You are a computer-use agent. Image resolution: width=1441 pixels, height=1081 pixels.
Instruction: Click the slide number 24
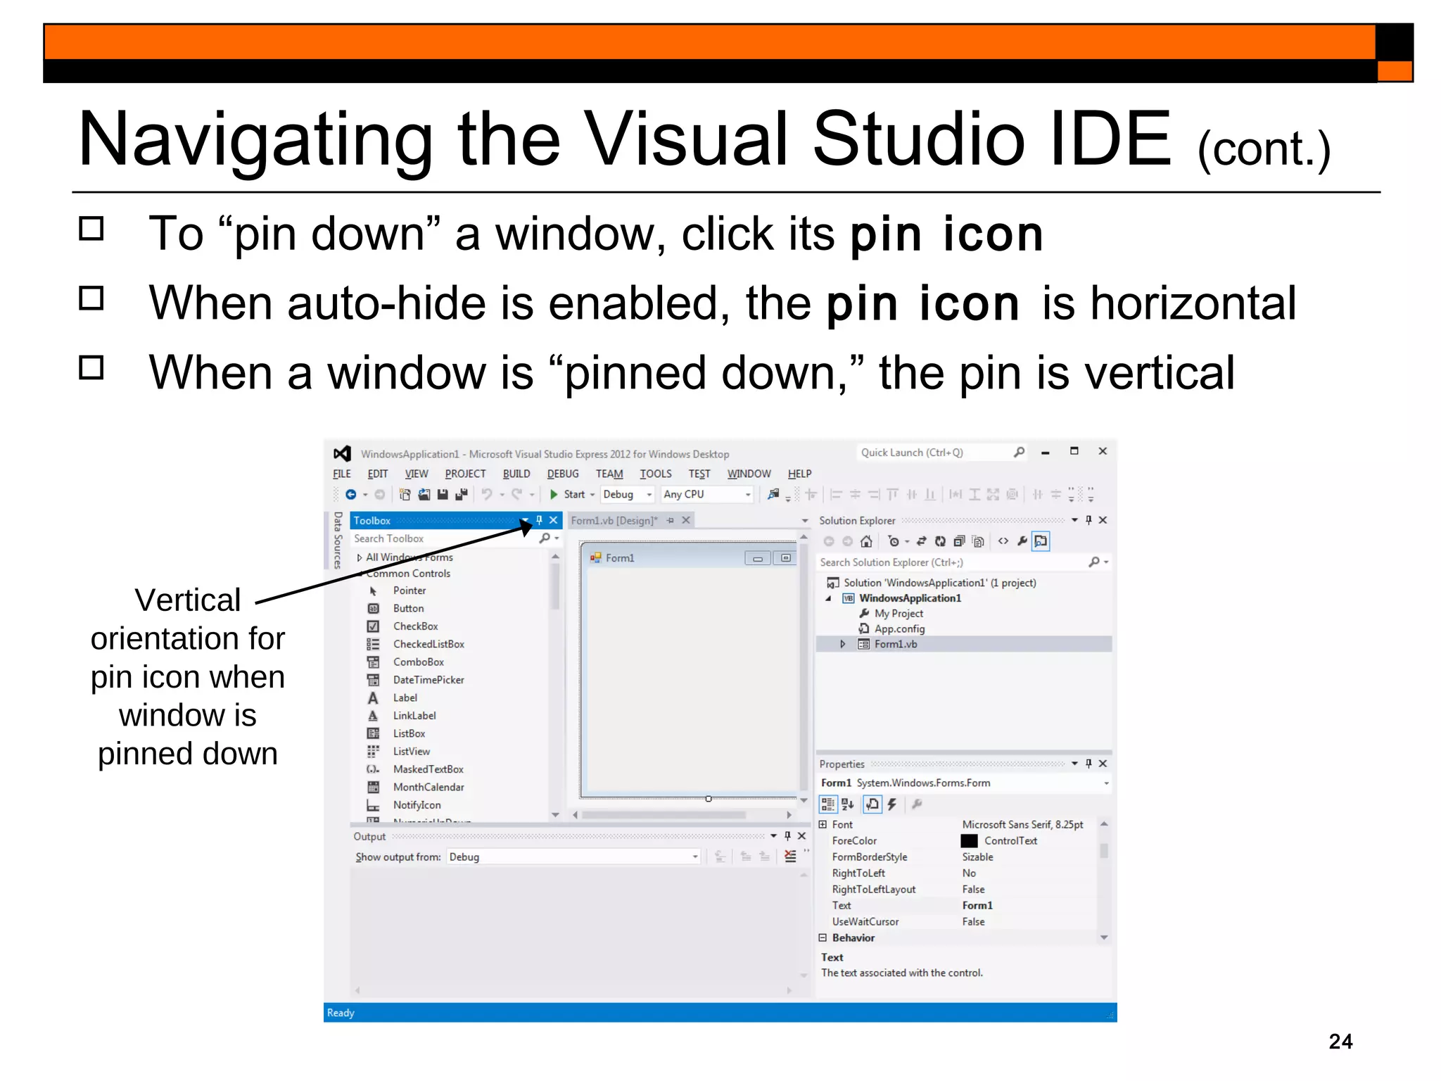[x=1340, y=1041]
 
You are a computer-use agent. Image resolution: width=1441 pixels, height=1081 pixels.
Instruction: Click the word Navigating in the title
[x=255, y=140]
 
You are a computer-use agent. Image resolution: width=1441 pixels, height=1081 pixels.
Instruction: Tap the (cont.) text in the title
[x=1264, y=149]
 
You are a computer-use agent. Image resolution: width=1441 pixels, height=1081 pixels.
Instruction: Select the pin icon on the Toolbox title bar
[x=540, y=520]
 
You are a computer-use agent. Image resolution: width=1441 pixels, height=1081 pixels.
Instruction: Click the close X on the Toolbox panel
[x=554, y=520]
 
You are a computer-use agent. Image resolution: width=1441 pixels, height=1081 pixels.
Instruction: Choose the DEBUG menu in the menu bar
[x=563, y=474]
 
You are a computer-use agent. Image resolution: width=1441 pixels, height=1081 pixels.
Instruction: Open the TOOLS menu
[x=655, y=474]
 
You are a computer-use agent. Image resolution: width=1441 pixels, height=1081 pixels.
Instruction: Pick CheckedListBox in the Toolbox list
[x=429, y=644]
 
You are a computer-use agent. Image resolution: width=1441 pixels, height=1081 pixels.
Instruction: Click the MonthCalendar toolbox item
[x=429, y=787]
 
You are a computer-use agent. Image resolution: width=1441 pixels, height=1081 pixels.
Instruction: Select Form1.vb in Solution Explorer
[x=896, y=644]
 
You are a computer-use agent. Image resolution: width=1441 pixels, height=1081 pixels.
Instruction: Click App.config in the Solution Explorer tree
[x=899, y=628]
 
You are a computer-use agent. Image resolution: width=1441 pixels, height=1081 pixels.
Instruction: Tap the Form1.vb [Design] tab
[x=614, y=520]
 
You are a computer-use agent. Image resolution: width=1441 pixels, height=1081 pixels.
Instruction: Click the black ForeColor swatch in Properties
[x=969, y=840]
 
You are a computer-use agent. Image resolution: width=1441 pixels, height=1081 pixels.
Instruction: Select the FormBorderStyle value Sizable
[x=977, y=856]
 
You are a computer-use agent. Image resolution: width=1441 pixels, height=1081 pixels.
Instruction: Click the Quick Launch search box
[x=932, y=453]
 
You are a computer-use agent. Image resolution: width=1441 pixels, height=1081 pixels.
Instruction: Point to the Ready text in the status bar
[x=341, y=1013]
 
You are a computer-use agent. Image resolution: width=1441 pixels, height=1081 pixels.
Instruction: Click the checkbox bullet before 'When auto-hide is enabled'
[x=91, y=298]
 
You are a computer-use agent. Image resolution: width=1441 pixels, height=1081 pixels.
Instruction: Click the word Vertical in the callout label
[x=188, y=600]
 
